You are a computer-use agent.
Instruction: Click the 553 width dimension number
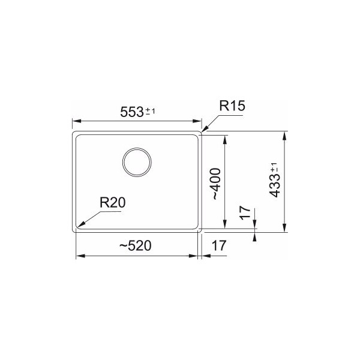coord(133,112)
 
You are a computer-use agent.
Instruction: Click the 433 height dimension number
coord(275,187)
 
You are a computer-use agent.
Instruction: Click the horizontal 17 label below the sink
coord(219,245)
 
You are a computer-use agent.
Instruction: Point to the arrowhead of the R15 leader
coord(203,129)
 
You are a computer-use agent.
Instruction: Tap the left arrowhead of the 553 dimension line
coord(76,121)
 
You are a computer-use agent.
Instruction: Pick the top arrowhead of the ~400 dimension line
coord(224,137)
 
